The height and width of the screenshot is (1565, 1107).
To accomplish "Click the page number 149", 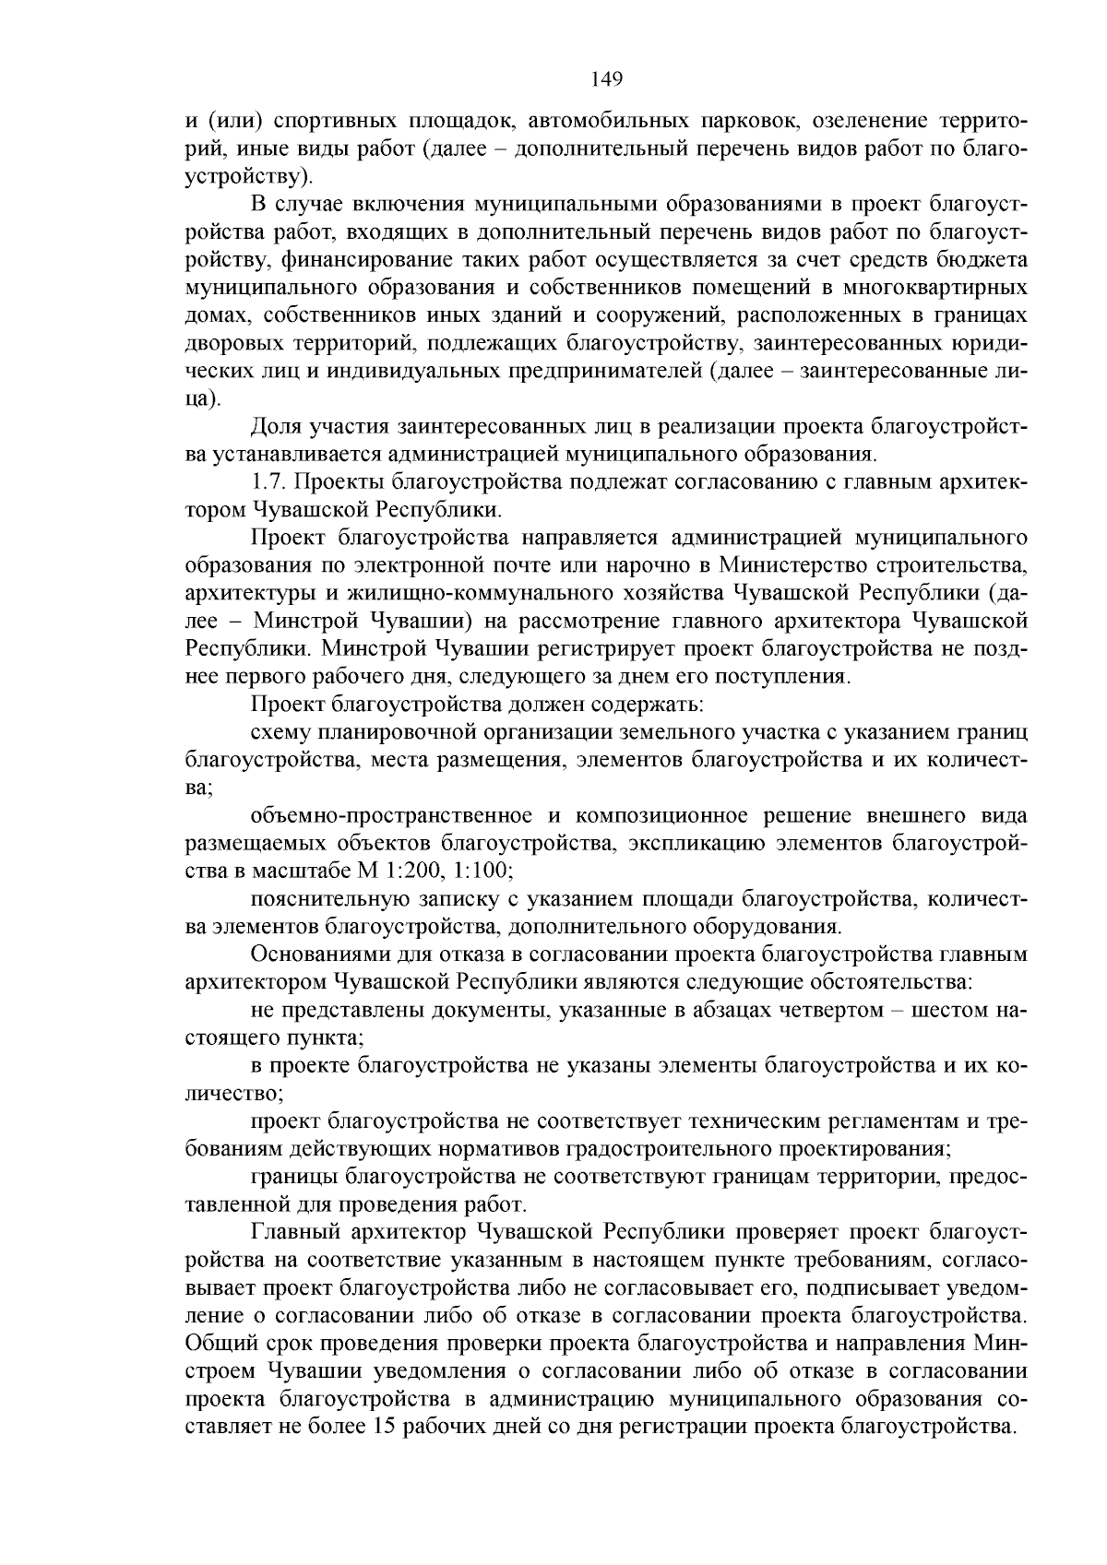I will tap(607, 78).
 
